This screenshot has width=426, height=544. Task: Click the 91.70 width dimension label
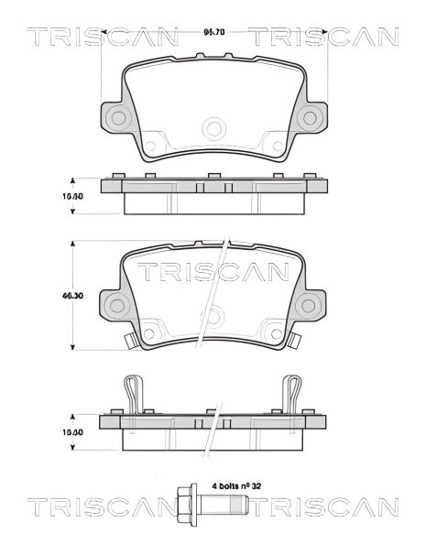[213, 32]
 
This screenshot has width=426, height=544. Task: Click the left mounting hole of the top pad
[116, 115]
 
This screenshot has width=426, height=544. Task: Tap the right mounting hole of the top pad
[311, 115]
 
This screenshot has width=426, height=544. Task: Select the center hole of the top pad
[213, 127]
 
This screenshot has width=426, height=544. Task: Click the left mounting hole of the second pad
[116, 304]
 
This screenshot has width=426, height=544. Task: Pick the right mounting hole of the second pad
[311, 304]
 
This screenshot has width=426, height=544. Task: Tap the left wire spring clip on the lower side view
[133, 394]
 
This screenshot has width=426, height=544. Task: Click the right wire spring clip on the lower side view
[293, 394]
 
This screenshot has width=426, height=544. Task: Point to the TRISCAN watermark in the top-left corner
[101, 37]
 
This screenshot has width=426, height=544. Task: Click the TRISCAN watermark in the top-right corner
[324, 37]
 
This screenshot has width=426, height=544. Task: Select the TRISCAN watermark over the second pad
[213, 271]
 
